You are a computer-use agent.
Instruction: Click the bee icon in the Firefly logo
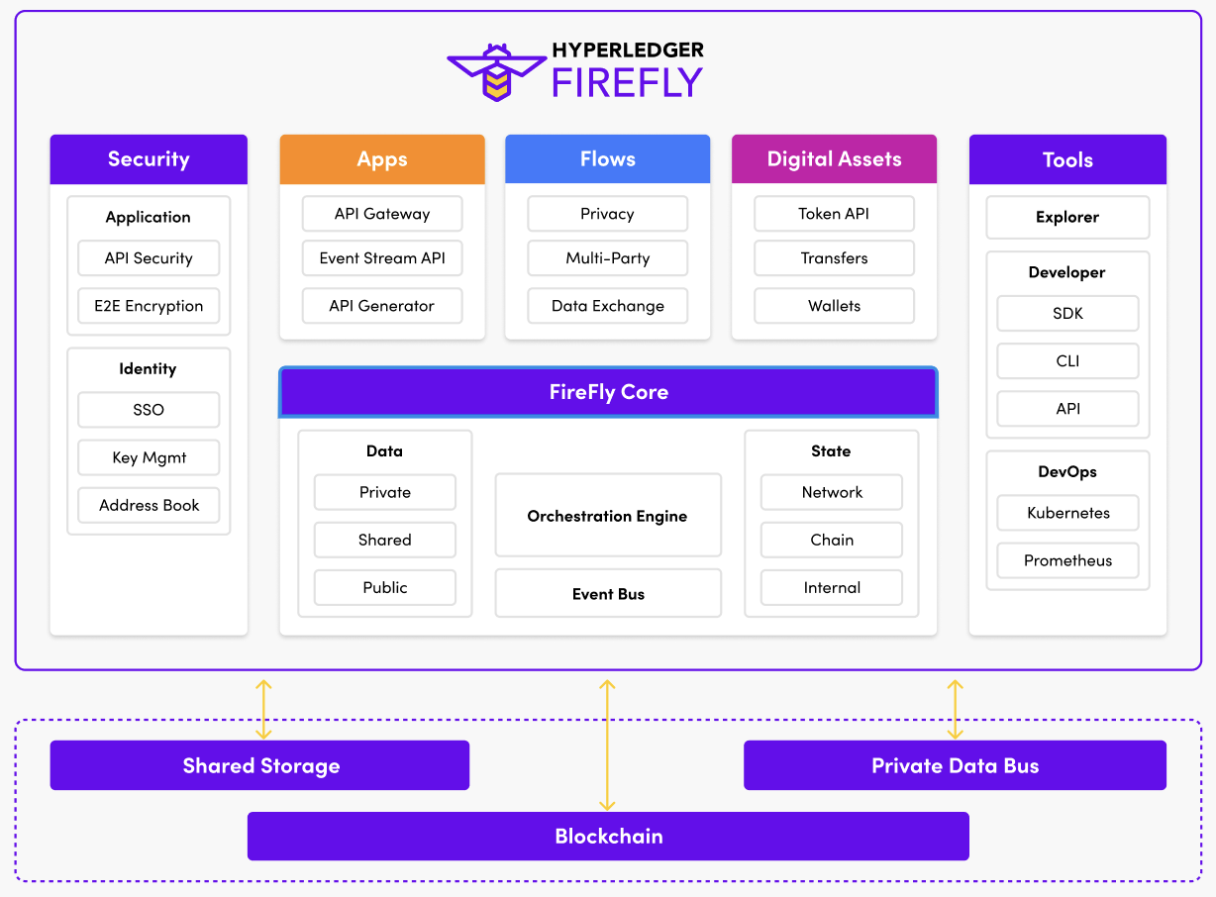(x=496, y=71)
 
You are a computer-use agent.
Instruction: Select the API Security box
(x=149, y=258)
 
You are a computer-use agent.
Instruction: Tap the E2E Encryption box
(x=149, y=306)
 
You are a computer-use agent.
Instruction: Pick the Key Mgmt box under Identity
(x=149, y=457)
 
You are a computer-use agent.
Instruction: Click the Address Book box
(x=149, y=505)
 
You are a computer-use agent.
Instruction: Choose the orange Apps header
(x=382, y=159)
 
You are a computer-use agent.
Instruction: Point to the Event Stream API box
(x=382, y=258)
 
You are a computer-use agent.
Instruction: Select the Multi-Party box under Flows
(x=608, y=258)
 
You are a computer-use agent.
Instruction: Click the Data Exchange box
(x=608, y=306)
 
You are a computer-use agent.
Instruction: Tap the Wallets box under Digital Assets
(x=834, y=306)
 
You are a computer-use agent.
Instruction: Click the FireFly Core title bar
(x=608, y=392)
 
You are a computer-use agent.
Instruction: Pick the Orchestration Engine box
(x=608, y=516)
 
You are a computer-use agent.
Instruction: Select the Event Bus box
(x=608, y=594)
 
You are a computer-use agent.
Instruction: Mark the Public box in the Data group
(x=385, y=587)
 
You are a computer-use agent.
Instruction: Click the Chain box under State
(x=832, y=540)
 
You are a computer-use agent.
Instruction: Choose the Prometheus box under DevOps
(x=1067, y=560)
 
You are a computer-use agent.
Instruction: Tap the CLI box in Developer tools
(x=1067, y=361)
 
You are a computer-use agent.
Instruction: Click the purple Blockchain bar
(x=608, y=837)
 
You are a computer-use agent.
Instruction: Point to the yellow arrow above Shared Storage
(x=263, y=709)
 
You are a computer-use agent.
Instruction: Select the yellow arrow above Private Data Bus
(x=955, y=709)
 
